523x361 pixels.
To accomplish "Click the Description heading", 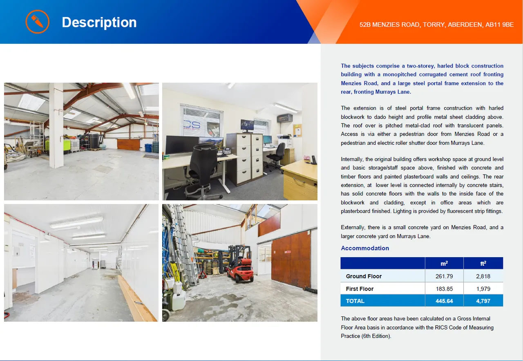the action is [x=99, y=22].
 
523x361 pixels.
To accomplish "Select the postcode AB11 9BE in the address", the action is [x=499, y=25].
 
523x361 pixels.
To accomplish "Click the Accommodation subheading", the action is [x=365, y=248].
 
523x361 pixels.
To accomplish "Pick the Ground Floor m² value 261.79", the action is [x=444, y=276].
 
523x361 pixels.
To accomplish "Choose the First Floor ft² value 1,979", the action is [x=483, y=289].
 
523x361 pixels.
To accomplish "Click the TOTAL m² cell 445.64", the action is [x=444, y=301].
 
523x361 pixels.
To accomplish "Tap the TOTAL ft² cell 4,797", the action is [x=483, y=301].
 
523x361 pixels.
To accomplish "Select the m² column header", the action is [x=444, y=263].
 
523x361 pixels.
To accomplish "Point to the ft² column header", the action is [x=483, y=263].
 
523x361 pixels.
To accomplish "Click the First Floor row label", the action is [x=360, y=289].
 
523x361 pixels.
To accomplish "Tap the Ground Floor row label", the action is [x=364, y=276].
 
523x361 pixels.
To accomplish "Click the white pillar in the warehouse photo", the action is [x=56, y=126].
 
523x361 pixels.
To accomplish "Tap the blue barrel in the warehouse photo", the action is [x=148, y=148].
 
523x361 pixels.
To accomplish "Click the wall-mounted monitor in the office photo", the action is [x=247, y=125].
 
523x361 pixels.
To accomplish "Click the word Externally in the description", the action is [x=353, y=227].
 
